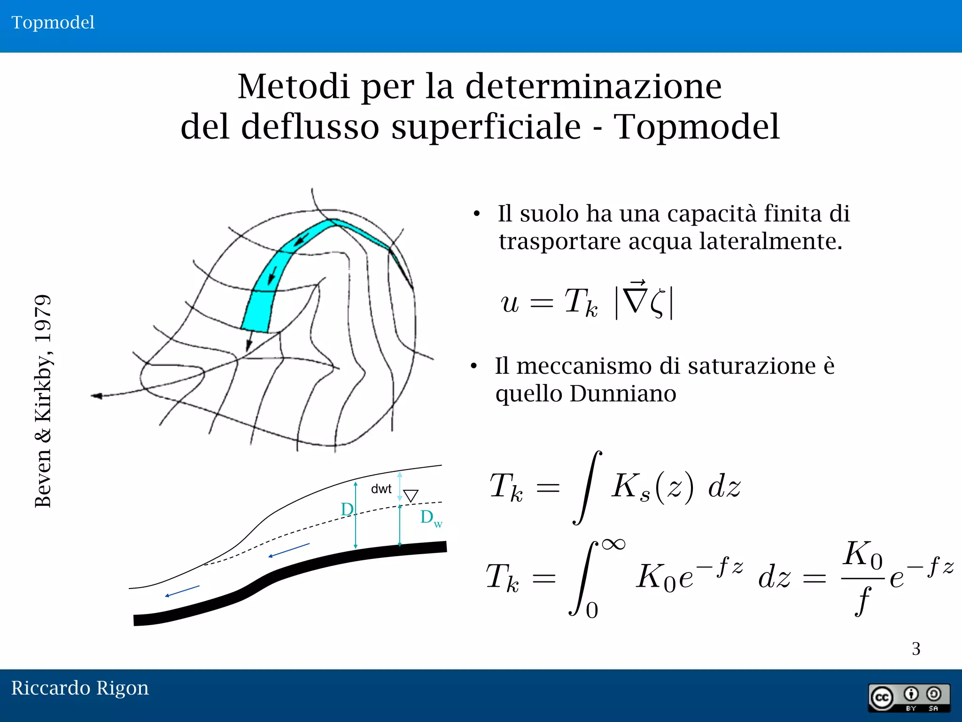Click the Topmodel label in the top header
pyautogui.click(x=53, y=23)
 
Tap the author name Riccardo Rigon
pyautogui.click(x=80, y=688)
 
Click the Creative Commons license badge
pyautogui.click(x=908, y=698)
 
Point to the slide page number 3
pyautogui.click(x=916, y=649)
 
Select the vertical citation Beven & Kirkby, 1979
pyautogui.click(x=43, y=401)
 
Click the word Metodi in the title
pyautogui.click(x=294, y=87)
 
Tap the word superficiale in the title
pyautogui.click(x=486, y=127)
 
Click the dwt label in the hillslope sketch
pyautogui.click(x=381, y=489)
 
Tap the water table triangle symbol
pyautogui.click(x=411, y=495)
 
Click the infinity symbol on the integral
pyautogui.click(x=614, y=544)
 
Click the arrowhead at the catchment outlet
pyautogui.click(x=97, y=396)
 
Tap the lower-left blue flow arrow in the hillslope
pyautogui.click(x=182, y=591)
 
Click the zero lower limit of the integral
pyautogui.click(x=592, y=611)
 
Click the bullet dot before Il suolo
pyautogui.click(x=477, y=214)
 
